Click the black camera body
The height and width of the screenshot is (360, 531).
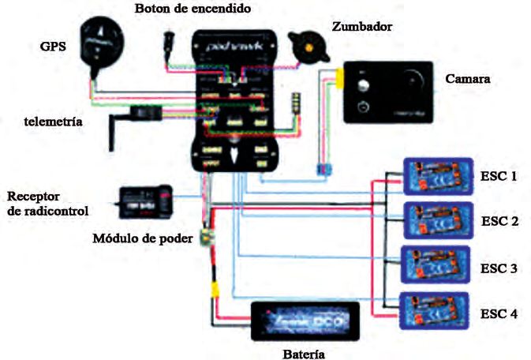click(x=387, y=92)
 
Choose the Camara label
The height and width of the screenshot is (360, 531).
click(x=468, y=80)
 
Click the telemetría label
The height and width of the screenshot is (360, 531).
click(x=54, y=122)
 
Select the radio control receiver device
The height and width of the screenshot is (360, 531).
click(x=143, y=200)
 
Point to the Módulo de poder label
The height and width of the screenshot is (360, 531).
click(x=142, y=238)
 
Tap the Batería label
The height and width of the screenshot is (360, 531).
click(x=302, y=353)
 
